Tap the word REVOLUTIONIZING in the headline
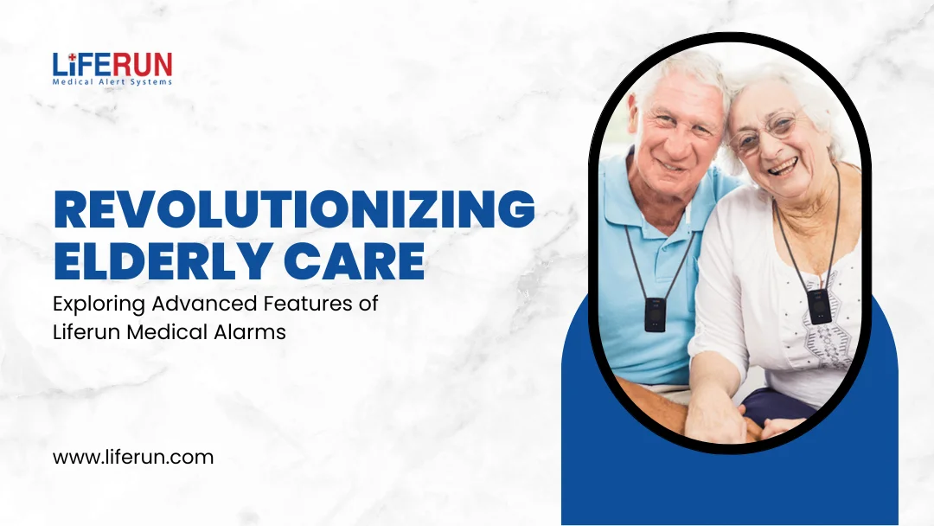click(x=294, y=210)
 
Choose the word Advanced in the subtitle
click(x=195, y=305)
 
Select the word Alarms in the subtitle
click(x=252, y=331)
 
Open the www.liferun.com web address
click(x=133, y=457)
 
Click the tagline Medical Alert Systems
click(x=112, y=82)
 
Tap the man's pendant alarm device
click(x=654, y=314)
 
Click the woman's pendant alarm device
click(x=817, y=305)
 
